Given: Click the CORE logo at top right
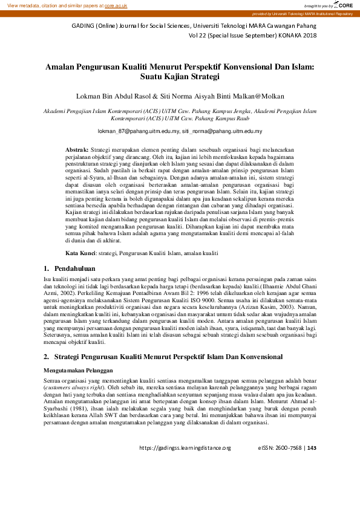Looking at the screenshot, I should [345, 5].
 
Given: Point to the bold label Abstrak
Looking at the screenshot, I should [77, 149].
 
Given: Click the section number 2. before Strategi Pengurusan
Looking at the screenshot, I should [47, 357].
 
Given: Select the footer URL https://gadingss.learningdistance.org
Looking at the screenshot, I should [185, 448].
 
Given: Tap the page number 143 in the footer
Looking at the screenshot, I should [312, 448].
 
